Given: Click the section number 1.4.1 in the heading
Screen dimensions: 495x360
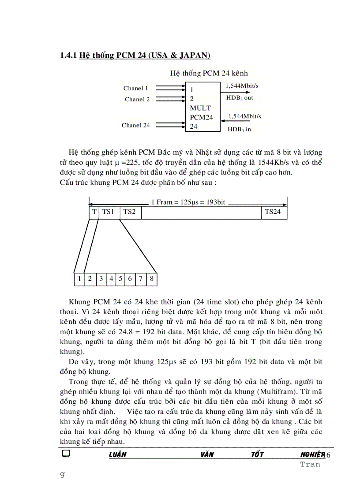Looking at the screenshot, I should pyautogui.click(x=68, y=56).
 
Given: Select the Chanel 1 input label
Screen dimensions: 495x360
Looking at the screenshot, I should pyautogui.click(x=135, y=89).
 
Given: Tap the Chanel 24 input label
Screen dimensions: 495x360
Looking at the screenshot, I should pyautogui.click(x=136, y=125).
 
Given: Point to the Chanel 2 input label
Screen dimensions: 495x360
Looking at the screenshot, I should pyautogui.click(x=137, y=100).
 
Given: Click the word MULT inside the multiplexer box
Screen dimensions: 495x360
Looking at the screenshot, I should pyautogui.click(x=200, y=108).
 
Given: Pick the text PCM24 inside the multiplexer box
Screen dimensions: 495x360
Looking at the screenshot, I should pyautogui.click(x=201, y=117).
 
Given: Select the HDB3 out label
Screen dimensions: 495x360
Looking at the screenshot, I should pyautogui.click(x=240, y=98).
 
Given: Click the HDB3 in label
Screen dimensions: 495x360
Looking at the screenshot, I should pyautogui.click(x=239, y=129).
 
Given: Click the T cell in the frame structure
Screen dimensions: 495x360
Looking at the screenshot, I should pyautogui.click(x=94, y=212).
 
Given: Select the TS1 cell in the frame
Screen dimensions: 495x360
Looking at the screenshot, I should pyautogui.click(x=109, y=212).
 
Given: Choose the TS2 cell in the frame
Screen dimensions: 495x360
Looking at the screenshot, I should pyautogui.click(x=129, y=212).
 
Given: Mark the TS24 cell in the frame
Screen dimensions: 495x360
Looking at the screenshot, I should pyautogui.click(x=273, y=212).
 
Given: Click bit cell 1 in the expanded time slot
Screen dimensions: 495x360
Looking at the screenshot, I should pyautogui.click(x=79, y=279).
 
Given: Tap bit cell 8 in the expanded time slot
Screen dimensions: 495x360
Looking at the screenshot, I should pyautogui.click(x=152, y=279).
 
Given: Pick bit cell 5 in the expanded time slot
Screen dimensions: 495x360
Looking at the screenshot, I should pyautogui.click(x=120, y=279).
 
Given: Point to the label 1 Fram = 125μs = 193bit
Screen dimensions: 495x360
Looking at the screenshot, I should pyautogui.click(x=188, y=202).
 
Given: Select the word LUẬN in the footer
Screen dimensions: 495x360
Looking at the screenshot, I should pyautogui.click(x=117, y=454).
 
